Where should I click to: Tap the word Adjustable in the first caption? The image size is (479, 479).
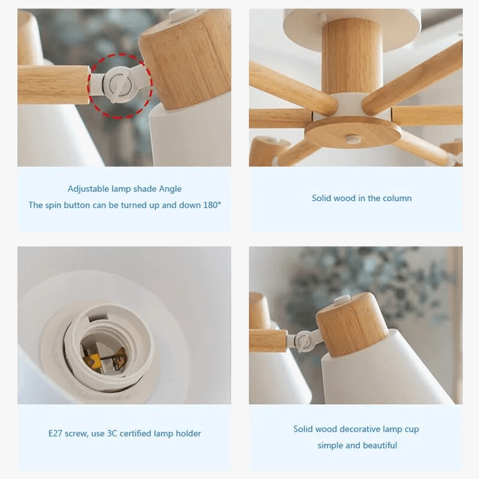click(89, 189)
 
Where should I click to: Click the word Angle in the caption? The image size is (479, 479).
click(170, 189)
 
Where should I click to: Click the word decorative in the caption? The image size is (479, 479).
click(360, 429)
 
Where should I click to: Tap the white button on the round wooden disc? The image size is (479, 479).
click(353, 138)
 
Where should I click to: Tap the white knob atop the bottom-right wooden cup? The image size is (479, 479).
click(341, 299)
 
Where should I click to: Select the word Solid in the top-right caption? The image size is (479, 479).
click(323, 198)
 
